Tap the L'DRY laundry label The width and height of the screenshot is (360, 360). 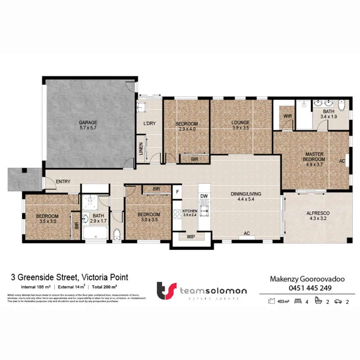(150, 123)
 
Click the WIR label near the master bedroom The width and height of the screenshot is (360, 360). (288, 116)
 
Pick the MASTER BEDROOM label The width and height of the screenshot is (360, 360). (315, 157)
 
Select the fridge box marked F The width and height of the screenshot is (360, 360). (177, 192)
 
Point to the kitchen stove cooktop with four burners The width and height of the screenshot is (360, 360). (177, 214)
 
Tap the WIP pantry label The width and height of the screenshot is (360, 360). (191, 236)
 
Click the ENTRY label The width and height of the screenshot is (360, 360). (63, 182)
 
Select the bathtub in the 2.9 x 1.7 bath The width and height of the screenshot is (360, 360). (96, 233)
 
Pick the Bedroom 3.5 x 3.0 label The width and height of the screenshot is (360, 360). (47, 218)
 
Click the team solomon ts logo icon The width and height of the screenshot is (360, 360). (166, 291)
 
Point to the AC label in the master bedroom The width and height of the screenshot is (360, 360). (342, 161)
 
